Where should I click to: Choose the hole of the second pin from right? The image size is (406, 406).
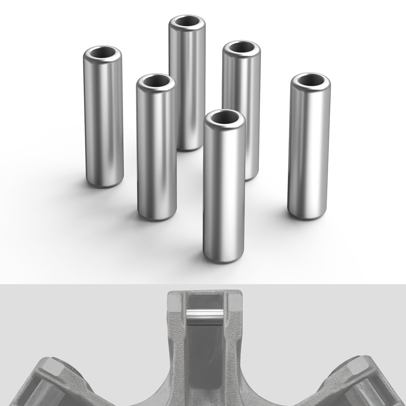(x=241, y=48)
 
